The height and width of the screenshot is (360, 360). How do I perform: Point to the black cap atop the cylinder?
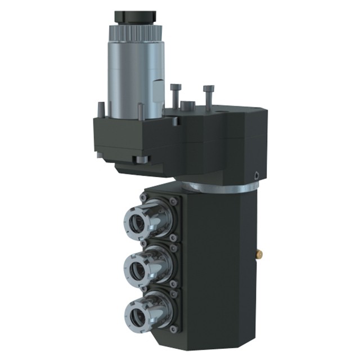[x=135, y=17]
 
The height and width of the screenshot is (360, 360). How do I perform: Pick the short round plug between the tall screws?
[x=187, y=106]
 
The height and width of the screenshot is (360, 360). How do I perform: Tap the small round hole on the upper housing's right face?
[x=257, y=175]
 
